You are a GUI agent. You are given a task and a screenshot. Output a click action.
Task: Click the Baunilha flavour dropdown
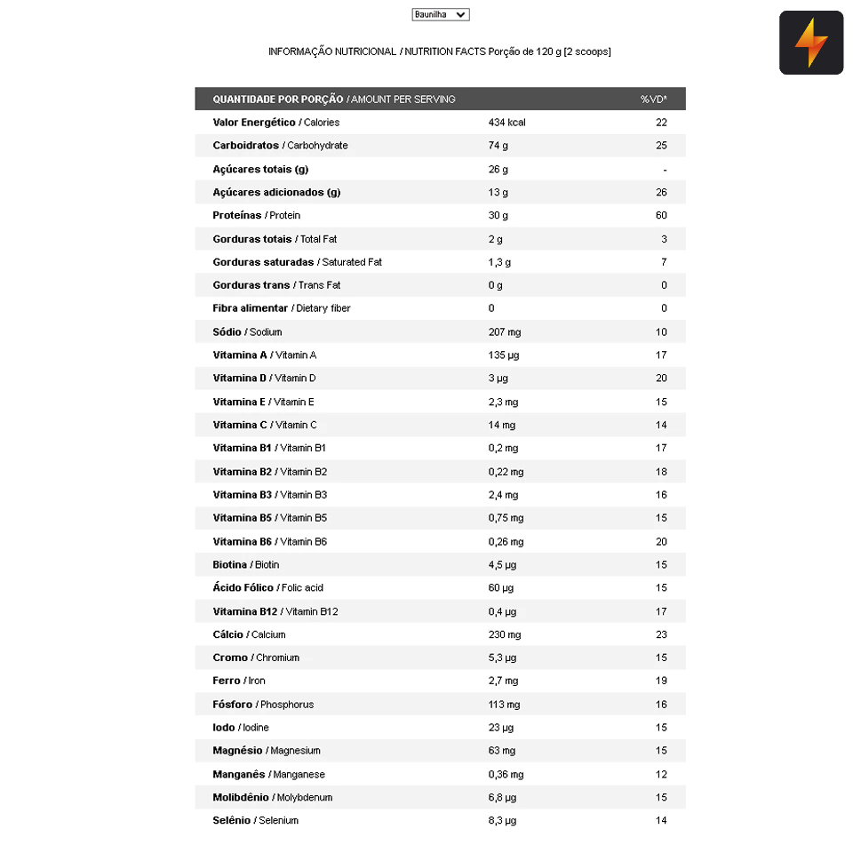pos(440,14)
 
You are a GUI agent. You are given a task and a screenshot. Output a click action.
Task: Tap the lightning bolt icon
pos(810,43)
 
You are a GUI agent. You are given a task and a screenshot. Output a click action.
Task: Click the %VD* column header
pos(653,99)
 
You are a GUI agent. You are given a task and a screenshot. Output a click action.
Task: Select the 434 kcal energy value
pos(506,123)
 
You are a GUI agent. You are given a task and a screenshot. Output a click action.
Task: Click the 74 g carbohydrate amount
pos(498,146)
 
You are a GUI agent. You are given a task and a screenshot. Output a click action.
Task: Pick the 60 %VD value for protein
pos(661,215)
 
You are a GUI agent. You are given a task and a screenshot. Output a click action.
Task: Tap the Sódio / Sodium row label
pos(247,331)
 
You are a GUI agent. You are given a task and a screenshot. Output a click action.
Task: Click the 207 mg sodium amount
pos(504,331)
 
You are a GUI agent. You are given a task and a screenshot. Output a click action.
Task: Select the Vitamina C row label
pos(264,425)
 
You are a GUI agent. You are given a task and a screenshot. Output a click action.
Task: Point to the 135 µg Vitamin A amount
pos(503,355)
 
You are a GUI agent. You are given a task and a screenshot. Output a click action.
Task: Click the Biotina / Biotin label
pos(245,564)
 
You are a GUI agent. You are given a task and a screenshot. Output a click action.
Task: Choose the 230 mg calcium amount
pos(504,634)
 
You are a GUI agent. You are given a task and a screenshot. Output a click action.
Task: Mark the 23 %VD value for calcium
pos(661,634)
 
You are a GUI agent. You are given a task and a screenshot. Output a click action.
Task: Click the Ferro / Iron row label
pos(238,681)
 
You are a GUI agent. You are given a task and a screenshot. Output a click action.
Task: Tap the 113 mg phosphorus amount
pos(504,704)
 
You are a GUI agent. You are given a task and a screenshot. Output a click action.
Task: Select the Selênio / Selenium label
pos(255,820)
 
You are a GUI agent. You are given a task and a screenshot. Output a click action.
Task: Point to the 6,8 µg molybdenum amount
pos(502,797)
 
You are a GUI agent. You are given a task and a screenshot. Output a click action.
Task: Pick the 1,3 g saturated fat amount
pos(499,262)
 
